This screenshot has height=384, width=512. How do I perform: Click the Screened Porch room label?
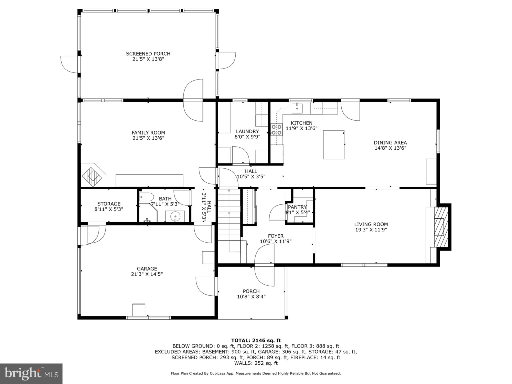[x=148, y=54]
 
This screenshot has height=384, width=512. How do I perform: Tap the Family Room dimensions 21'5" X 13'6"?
[x=148, y=138]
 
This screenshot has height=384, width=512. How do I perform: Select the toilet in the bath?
[x=146, y=197]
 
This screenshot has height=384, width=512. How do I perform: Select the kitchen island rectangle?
[x=333, y=144]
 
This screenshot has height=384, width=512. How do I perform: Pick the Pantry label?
[x=297, y=207]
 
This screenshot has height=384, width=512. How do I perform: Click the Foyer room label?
[x=275, y=236]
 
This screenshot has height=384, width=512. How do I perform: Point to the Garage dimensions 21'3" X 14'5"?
[x=147, y=274]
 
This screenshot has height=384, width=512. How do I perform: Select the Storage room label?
[x=109, y=204]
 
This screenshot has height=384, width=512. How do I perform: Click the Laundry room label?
[x=247, y=131]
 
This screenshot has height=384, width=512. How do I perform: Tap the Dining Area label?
[x=390, y=143]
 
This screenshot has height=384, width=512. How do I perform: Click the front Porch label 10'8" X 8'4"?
[x=251, y=294]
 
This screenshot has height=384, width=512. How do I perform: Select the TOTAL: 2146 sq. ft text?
[x=256, y=340]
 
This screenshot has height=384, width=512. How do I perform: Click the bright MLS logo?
[x=31, y=373]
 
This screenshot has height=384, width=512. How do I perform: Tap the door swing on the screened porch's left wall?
[x=70, y=64]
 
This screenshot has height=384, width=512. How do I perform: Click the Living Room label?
[x=371, y=224]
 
